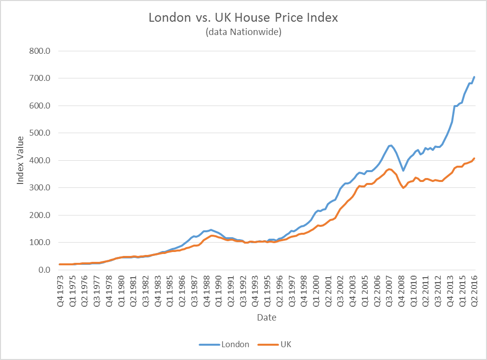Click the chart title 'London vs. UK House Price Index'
243,18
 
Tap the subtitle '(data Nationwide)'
243,33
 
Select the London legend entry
224,344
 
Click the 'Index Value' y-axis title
21,161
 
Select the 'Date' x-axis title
266,318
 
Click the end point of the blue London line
474,77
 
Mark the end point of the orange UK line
474,158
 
